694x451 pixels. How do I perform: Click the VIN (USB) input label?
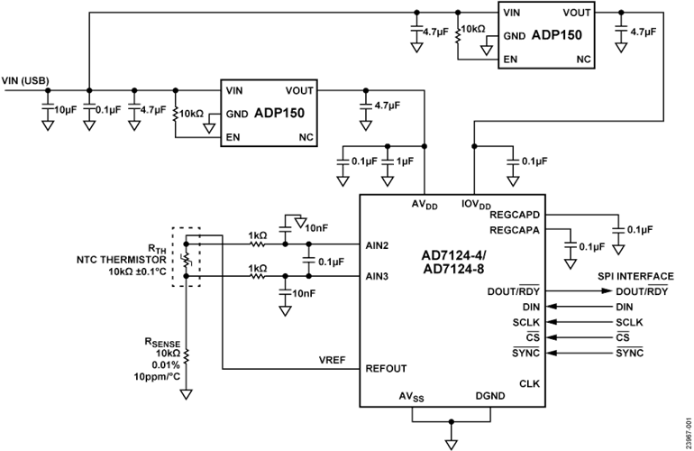26,79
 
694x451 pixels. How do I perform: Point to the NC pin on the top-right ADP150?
581,60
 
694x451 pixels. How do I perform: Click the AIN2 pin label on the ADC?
376,244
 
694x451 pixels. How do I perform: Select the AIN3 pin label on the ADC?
376,277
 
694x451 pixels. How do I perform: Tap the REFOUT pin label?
382,368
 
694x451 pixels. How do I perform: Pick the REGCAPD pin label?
515,216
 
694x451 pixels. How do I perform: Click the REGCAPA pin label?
515,230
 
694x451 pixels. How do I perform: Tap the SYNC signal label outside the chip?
628,350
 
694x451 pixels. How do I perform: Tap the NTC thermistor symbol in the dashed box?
186,259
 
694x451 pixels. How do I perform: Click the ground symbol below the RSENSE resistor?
187,394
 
